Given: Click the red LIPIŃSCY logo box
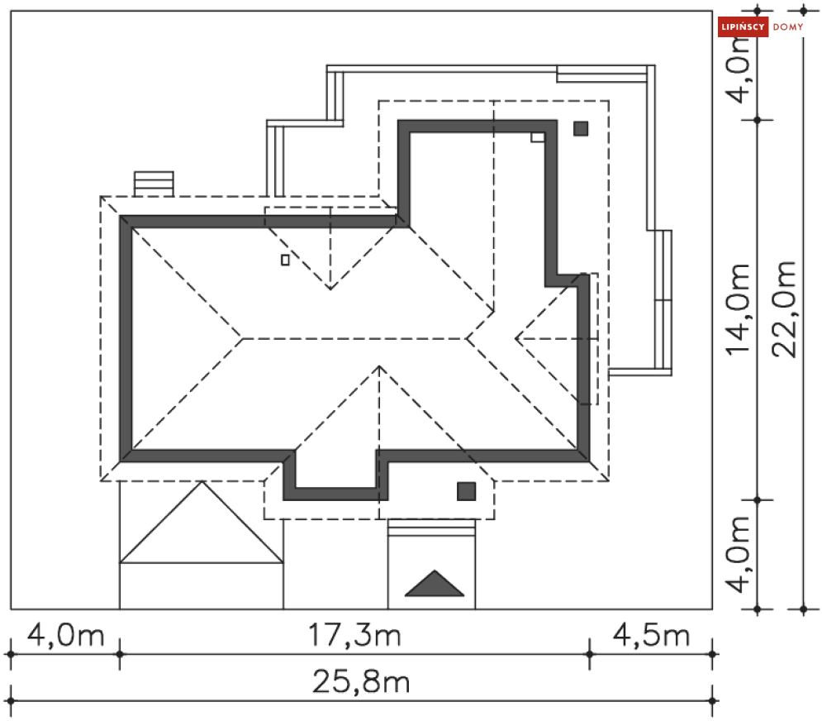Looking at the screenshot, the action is [x=743, y=26].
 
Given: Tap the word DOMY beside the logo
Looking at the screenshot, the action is [x=788, y=27].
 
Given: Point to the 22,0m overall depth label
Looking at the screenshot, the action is [x=784, y=309].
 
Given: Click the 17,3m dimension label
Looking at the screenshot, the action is [x=354, y=635].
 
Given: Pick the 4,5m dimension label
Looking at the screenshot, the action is [x=651, y=635].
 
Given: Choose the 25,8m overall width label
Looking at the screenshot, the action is [x=361, y=681].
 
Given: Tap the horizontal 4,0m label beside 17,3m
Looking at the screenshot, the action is [x=65, y=635].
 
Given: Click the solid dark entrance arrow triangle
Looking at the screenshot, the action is [x=435, y=584].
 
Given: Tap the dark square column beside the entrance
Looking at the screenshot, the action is [x=467, y=492].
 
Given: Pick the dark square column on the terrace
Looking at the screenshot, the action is [x=581, y=128].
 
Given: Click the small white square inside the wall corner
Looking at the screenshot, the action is [x=537, y=137].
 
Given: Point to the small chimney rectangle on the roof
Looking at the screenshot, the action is [x=285, y=260].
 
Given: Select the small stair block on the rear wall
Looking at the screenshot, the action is [x=154, y=184].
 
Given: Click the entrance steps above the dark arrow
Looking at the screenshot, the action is [x=431, y=528].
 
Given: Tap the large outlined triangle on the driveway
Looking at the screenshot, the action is [x=202, y=522].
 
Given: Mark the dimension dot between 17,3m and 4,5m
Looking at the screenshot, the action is [x=590, y=654].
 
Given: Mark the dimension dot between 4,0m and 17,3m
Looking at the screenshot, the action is [x=120, y=654].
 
